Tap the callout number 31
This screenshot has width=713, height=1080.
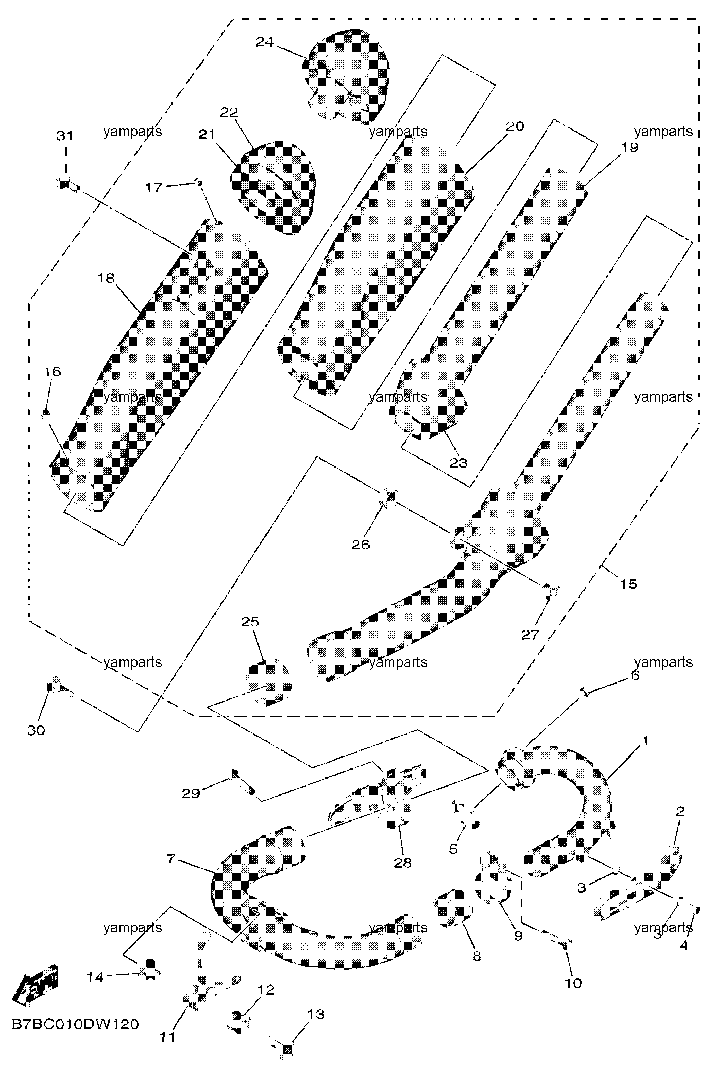65,136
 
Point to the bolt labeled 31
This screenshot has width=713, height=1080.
67,183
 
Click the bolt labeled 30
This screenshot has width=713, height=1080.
61,688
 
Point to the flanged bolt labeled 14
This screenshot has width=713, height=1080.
150,972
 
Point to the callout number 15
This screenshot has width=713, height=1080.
628,584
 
